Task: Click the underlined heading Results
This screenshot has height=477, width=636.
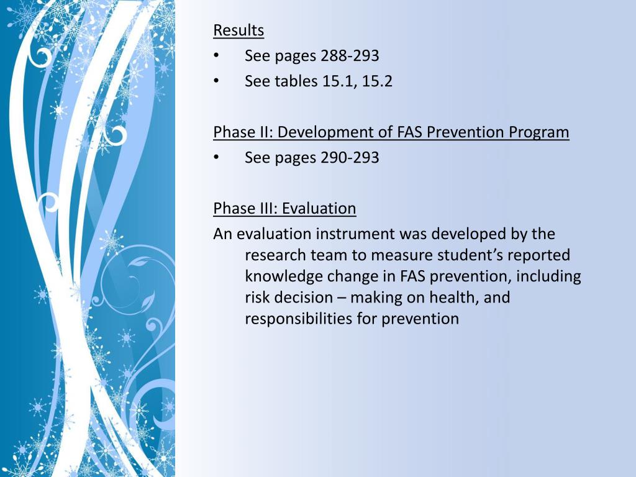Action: [x=238, y=30]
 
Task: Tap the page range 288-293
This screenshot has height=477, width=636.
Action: [x=350, y=56]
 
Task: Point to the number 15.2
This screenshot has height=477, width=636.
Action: [x=378, y=81]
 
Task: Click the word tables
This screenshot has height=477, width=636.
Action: [x=296, y=81]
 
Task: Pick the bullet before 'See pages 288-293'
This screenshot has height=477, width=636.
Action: [x=216, y=57]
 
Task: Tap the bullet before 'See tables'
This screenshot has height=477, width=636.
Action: [x=216, y=82]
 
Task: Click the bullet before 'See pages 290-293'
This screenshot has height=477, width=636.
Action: [x=216, y=158]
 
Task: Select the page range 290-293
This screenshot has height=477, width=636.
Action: [x=350, y=158]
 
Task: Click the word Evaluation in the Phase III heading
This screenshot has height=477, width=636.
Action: [x=319, y=209]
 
